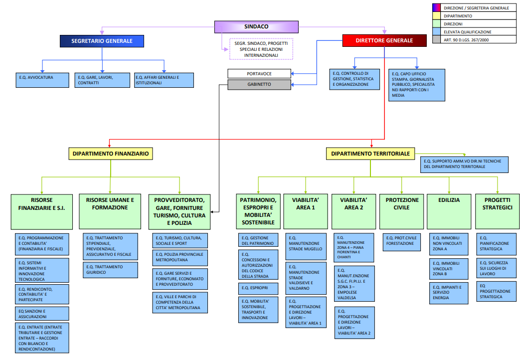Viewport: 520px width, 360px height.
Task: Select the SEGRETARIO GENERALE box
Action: coord(102,41)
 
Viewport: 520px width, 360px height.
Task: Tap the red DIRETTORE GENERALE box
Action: coord(384,40)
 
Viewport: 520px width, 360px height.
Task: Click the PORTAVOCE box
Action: coord(259,74)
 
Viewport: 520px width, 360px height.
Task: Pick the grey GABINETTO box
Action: coord(259,85)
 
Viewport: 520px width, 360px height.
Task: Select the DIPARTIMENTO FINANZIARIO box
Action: coord(110,154)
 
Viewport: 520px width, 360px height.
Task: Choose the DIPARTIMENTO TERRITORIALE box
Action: coord(370,154)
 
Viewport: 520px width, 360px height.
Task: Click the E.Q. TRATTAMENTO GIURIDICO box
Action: coord(110,270)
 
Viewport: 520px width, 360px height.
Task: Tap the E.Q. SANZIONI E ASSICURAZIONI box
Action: coord(42,313)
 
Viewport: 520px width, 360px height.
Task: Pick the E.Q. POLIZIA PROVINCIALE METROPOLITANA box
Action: coord(180,257)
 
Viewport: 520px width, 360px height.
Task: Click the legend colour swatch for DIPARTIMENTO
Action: coord(436,16)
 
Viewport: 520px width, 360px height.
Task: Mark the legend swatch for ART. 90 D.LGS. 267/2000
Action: coord(436,39)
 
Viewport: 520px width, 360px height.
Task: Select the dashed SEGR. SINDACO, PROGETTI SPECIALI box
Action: coord(261,49)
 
